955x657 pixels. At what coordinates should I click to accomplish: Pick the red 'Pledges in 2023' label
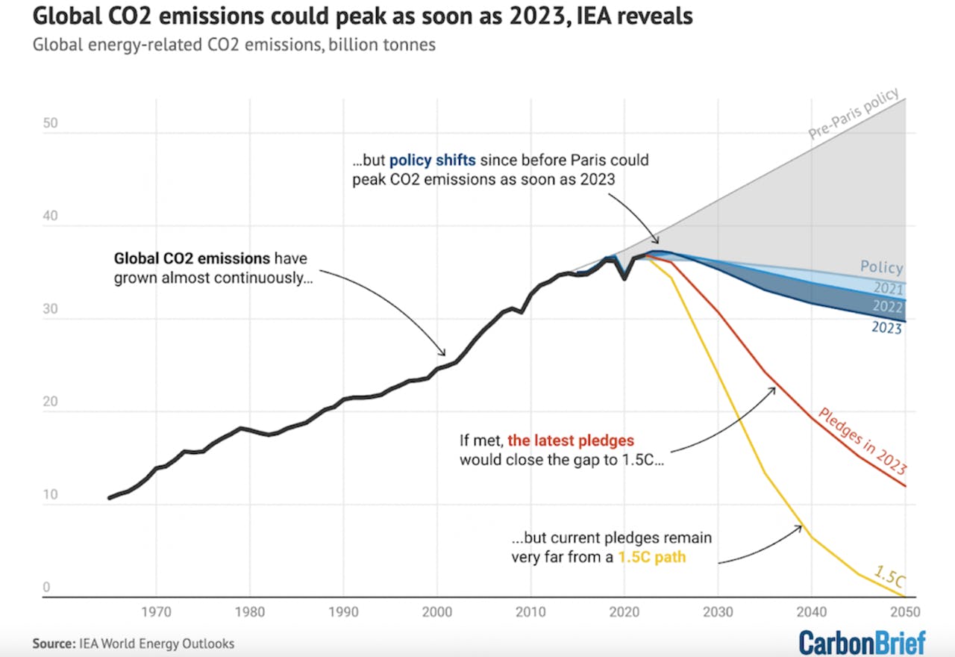[x=862, y=441]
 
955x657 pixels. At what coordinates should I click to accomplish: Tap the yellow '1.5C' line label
[x=889, y=576]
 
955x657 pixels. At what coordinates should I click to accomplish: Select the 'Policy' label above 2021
[x=881, y=267]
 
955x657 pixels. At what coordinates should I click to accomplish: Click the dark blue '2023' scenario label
[x=886, y=327]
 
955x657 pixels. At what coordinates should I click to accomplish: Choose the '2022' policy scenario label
[x=887, y=307]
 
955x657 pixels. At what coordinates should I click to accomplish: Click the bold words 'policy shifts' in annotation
[x=433, y=161]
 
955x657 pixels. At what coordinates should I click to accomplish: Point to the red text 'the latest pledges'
[x=571, y=440]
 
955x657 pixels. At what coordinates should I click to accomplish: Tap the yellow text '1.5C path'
[x=651, y=556]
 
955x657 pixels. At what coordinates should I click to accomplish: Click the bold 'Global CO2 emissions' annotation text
[x=191, y=259]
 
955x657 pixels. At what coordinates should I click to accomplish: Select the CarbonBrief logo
[x=862, y=642]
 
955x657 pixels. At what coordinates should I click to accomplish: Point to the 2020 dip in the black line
[x=624, y=278]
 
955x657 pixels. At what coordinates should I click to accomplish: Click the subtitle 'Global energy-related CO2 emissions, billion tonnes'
[x=234, y=45]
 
